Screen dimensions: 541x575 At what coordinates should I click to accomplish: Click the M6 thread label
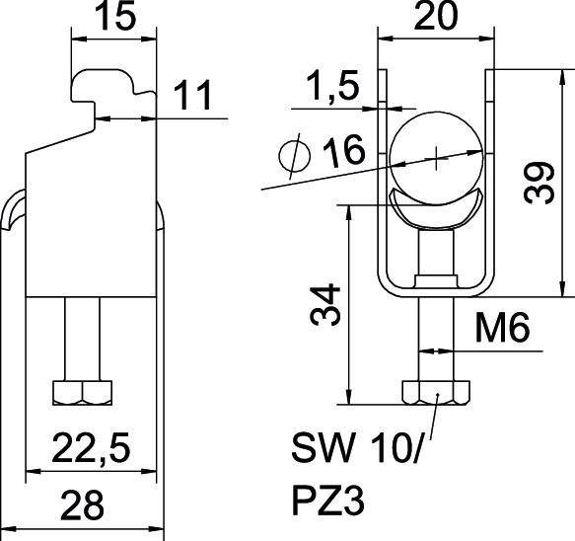(x=506, y=327)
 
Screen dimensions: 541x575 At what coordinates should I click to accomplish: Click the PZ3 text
(x=329, y=502)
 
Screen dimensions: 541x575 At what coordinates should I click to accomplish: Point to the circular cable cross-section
(x=435, y=156)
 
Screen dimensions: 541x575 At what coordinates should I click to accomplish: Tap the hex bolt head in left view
(x=84, y=393)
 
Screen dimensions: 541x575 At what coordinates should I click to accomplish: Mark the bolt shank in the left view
(x=84, y=336)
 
